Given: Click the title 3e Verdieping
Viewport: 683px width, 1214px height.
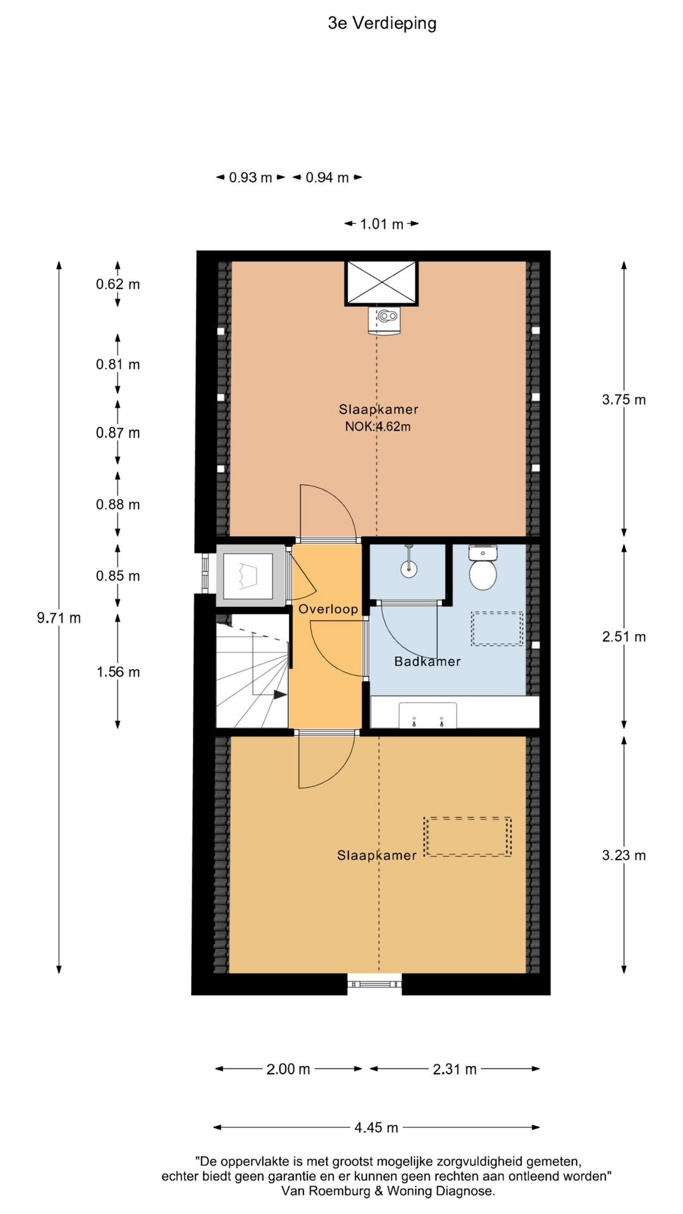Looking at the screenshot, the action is point(382,23).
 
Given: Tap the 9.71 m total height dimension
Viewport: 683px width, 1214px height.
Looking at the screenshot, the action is point(59,618).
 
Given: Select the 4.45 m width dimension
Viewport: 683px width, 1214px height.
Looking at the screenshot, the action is point(376,1127).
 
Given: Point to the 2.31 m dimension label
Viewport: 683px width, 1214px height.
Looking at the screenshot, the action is point(455,1069).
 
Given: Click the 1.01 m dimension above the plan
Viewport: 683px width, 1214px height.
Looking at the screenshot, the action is point(381,224).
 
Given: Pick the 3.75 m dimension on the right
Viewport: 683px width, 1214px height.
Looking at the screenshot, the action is point(624,400).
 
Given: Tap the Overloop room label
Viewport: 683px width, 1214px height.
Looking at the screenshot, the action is point(328,609).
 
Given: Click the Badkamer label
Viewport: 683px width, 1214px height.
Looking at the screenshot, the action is point(428,661).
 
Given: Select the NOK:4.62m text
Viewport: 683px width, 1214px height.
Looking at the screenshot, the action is point(378,427).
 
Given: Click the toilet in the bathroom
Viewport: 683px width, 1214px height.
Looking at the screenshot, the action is point(483,567).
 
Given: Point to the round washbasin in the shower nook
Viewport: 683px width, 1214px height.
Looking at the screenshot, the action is point(410,568).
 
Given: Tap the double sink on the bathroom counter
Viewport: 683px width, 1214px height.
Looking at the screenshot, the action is point(428,715).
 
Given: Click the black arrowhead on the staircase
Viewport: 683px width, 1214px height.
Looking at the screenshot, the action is point(280,694).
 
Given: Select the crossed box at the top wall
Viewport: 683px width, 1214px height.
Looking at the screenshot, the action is point(381,283).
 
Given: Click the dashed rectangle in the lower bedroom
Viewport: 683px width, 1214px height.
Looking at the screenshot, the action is point(467,837).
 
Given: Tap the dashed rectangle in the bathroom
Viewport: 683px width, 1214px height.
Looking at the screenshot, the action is point(497,628).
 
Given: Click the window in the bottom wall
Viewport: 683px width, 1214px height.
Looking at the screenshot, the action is point(374,983).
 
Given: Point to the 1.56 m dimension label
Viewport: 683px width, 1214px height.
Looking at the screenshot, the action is point(118,672).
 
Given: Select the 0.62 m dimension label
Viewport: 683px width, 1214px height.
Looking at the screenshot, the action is point(118,285).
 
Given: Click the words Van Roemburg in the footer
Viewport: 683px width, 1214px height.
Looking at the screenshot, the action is point(326,1191).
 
